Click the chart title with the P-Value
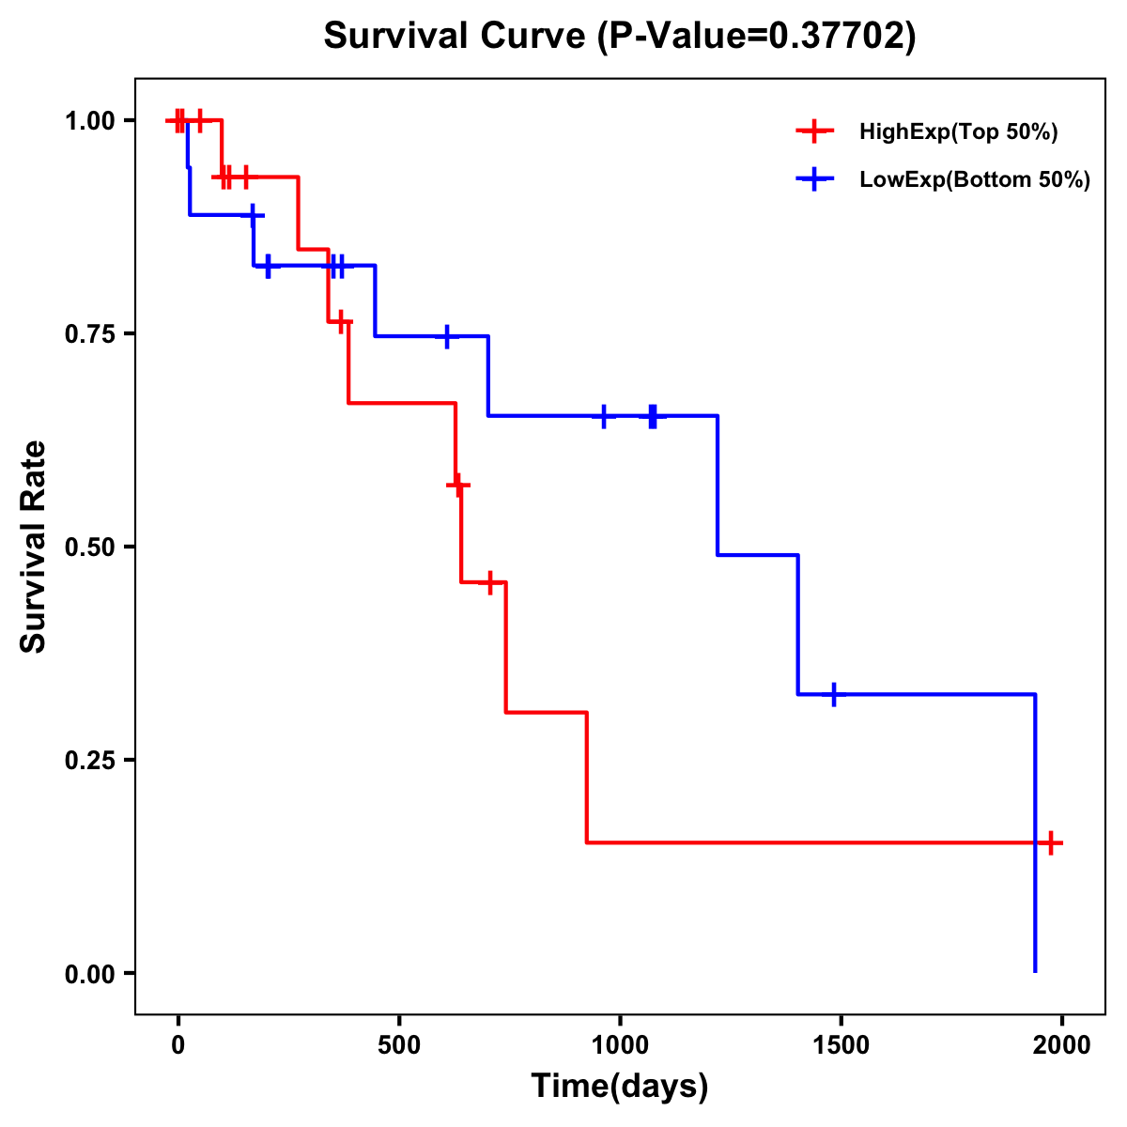(620, 36)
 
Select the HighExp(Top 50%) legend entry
(958, 131)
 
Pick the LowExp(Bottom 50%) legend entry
(974, 179)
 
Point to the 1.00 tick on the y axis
(89, 121)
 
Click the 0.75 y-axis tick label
(89, 334)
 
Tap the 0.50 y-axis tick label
(89, 548)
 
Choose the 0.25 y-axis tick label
(89, 761)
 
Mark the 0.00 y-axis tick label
(89, 974)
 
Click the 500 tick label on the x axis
(399, 1044)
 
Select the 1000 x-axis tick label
(620, 1044)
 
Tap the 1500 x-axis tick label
(841, 1044)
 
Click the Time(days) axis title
(620, 1087)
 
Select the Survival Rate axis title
(34, 547)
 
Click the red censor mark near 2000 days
(1051, 842)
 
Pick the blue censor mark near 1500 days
(833, 695)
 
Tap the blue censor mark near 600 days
(447, 336)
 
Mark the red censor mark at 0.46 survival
(488, 583)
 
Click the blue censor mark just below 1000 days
(604, 416)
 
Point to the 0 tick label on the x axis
(178, 1044)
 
